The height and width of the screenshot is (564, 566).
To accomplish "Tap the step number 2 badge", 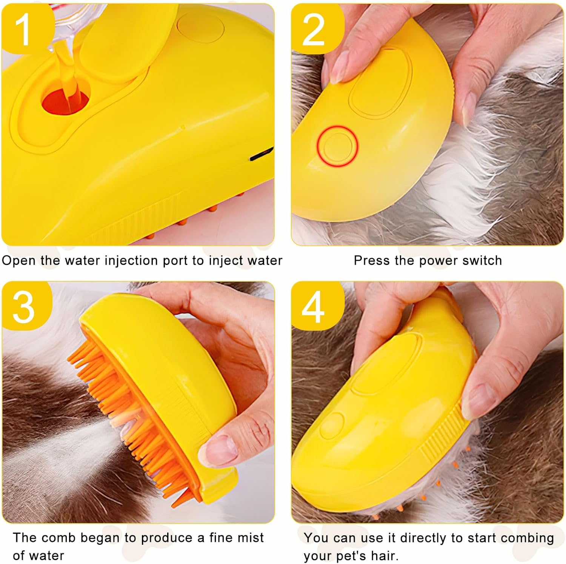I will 313,28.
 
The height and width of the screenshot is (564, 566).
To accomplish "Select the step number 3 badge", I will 23,306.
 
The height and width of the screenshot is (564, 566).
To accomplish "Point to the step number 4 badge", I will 313,306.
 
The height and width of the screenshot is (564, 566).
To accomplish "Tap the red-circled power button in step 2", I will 337,146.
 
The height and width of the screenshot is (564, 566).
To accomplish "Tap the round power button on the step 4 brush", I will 332,424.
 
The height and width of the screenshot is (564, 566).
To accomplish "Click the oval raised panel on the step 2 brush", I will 381,81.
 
